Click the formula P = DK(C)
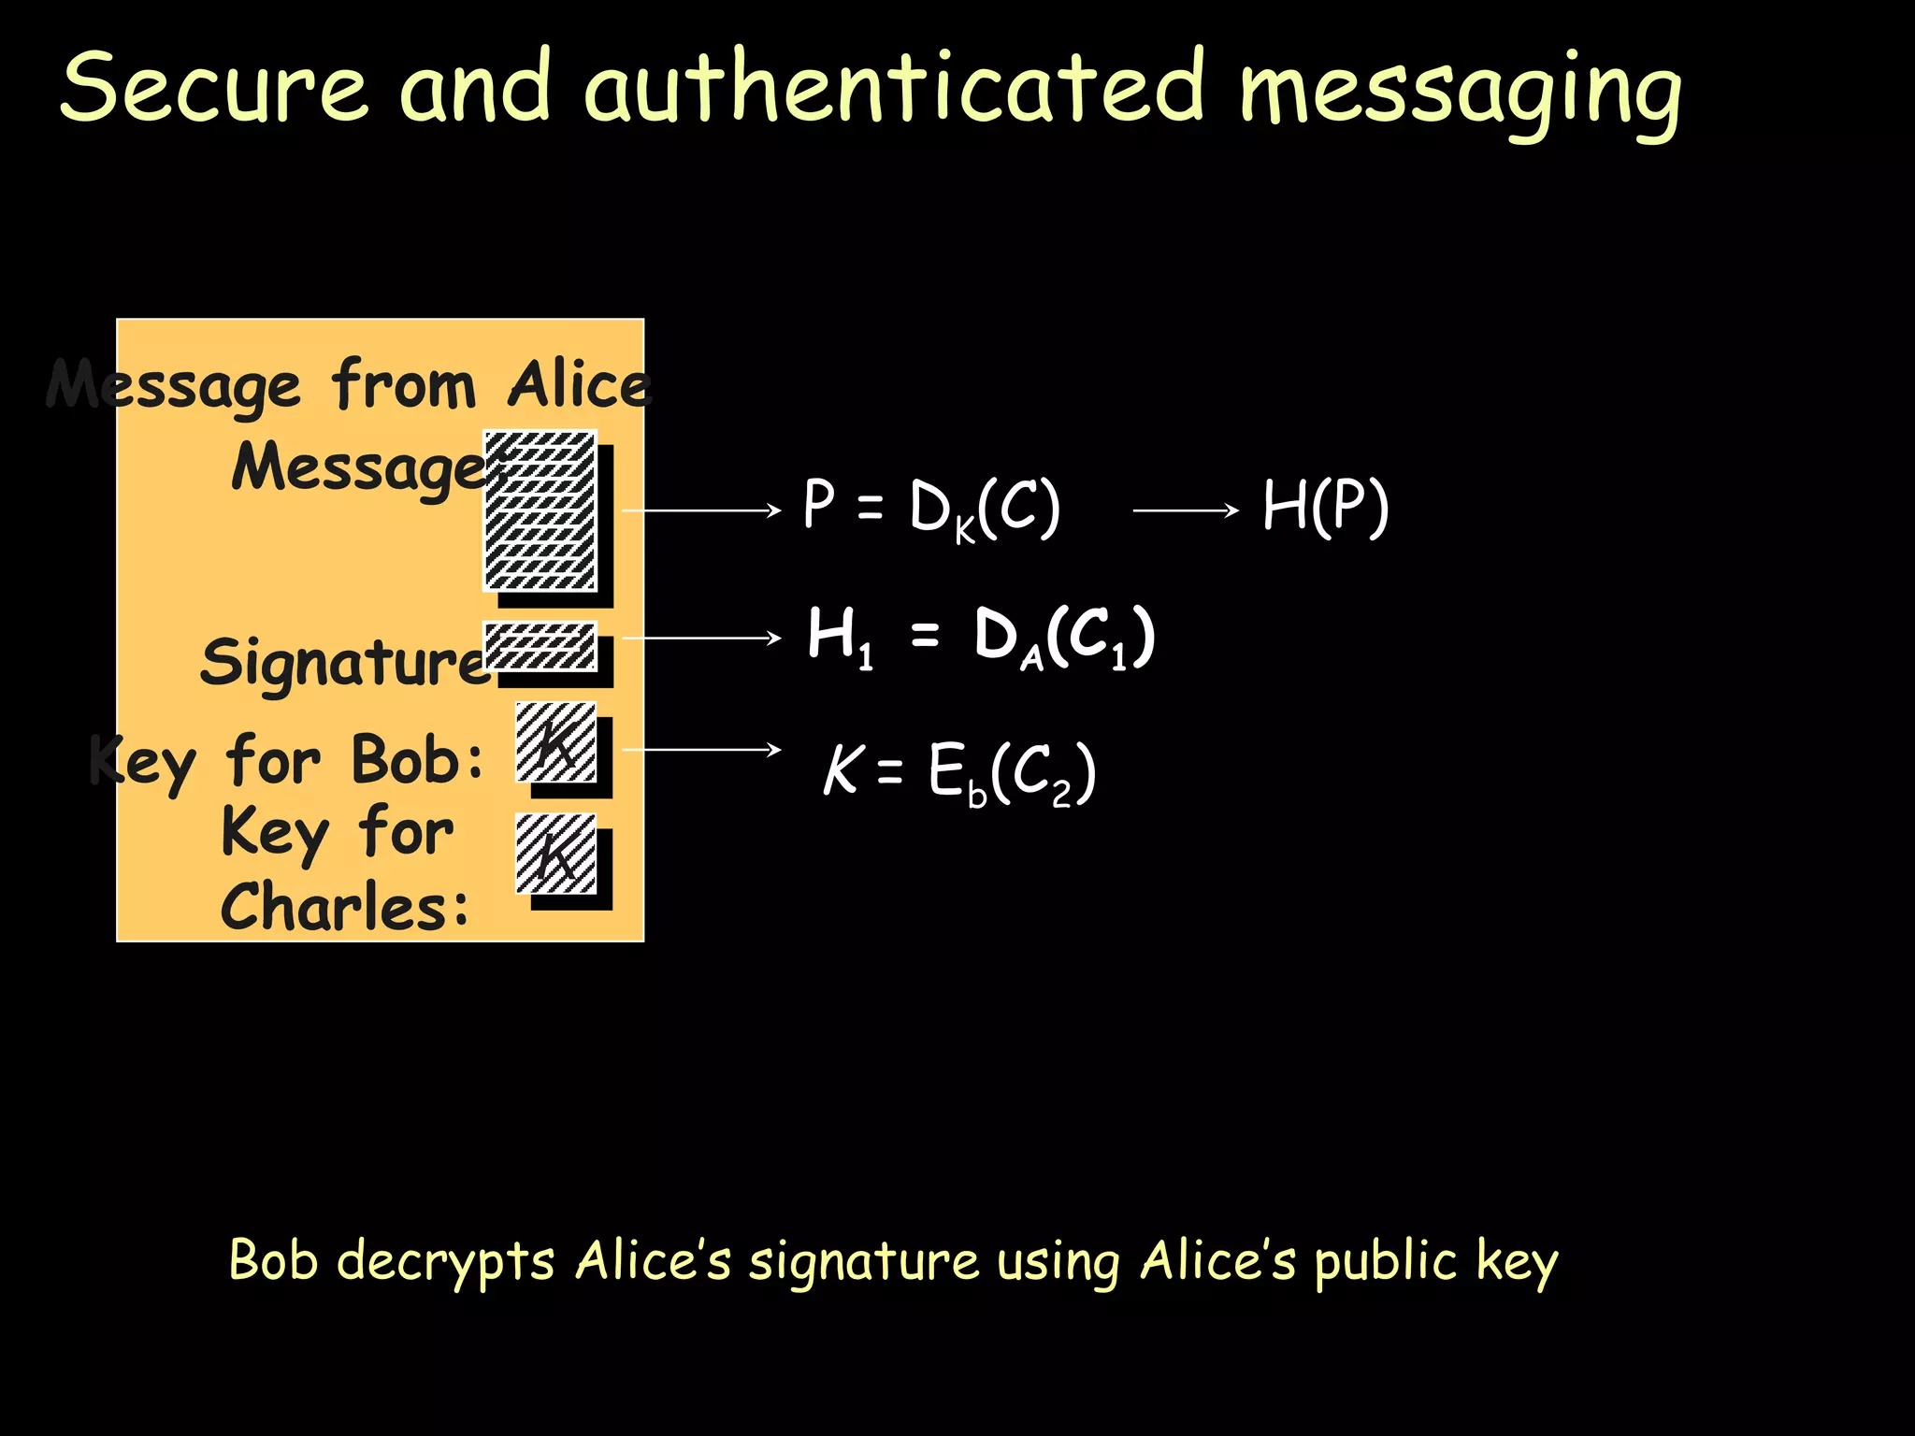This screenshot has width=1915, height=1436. (931, 510)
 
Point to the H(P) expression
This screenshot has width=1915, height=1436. (1325, 507)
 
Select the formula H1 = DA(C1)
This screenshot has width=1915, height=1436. (981, 638)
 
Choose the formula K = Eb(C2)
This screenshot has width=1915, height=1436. (958, 773)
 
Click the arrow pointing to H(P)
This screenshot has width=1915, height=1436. (1185, 510)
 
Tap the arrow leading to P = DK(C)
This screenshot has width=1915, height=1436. (700, 510)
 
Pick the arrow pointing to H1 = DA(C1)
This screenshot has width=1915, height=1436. (700, 638)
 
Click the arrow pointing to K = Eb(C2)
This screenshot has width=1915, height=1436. (700, 750)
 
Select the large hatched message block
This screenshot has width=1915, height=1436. (540, 510)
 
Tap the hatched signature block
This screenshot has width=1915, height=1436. (540, 646)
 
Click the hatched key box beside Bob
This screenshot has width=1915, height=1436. (555, 742)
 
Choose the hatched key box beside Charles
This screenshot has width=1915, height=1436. (555, 854)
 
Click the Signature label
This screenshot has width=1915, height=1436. (344, 662)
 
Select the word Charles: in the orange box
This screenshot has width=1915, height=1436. (344, 907)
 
